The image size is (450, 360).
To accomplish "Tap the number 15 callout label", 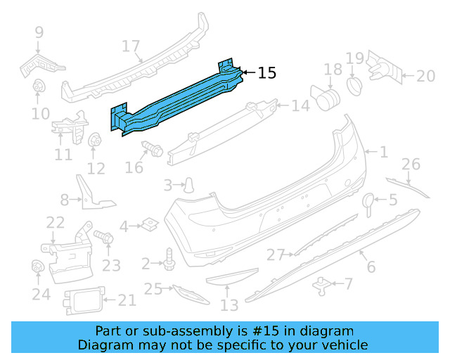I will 267,72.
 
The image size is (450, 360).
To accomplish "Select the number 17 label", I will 131,47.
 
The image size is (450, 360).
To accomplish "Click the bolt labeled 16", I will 151,149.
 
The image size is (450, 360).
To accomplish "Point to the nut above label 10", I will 39,88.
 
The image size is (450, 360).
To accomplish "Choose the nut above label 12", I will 94,141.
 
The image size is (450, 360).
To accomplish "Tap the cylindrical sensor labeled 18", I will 326,97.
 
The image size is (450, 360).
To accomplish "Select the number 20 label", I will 425,76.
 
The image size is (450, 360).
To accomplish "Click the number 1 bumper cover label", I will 384,152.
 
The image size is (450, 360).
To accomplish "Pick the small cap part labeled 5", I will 368,202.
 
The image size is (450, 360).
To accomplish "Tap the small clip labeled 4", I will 148,225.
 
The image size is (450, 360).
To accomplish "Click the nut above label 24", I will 38,267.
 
